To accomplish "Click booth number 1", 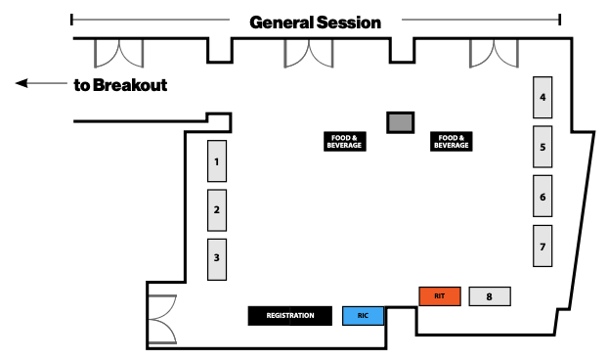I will point(217,160).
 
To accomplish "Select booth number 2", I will point(217,209).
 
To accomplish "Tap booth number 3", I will point(217,259).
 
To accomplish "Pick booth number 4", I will point(543,97).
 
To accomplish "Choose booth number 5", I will point(543,147).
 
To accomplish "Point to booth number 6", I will point(543,197).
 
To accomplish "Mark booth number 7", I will point(543,246).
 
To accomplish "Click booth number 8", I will point(490,295).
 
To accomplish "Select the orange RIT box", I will point(439,295).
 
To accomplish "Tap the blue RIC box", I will point(363,316).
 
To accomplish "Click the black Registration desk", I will point(290,316).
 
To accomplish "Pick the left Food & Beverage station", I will point(344,142).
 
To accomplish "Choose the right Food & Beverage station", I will point(452,142).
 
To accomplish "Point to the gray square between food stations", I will point(400,122).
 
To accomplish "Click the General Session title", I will point(315,22).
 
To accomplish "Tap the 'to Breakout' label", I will point(120,85).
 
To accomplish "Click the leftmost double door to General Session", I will point(117,53).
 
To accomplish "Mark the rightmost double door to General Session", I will point(494,53).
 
